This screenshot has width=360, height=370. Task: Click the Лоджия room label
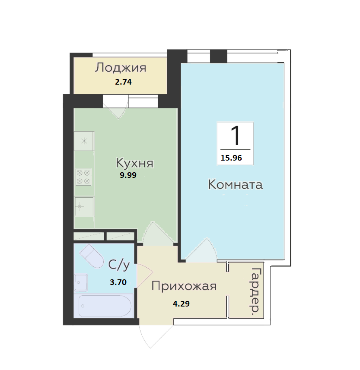pos(121,68)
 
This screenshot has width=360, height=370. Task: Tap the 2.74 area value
pos(123,82)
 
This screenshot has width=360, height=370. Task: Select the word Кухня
pos(135,163)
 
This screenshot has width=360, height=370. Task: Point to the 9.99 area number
pos(128,175)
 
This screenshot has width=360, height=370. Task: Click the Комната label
pos(236,185)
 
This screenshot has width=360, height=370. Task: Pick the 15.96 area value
pos(231,158)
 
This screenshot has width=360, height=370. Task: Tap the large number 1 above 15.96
pos(235,136)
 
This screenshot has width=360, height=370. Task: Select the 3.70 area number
pos(118,283)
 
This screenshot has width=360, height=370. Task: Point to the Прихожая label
pos(184,286)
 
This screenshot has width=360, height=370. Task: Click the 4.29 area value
pos(182,304)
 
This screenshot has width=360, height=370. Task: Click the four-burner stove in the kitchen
pos(83,177)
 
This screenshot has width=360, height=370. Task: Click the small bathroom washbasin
pos(81,283)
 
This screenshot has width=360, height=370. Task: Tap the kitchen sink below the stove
pos(84,206)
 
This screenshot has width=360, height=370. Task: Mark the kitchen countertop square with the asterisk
pos(84,141)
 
